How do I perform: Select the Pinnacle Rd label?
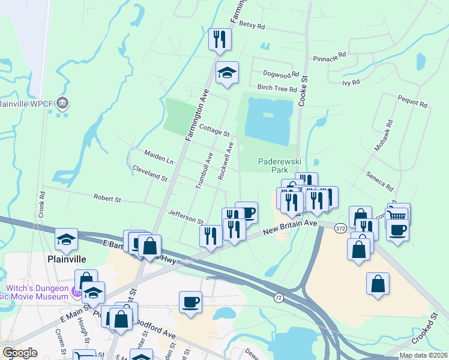330,57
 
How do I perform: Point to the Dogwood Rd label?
280,75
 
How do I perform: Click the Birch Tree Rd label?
277,89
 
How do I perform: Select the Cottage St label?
214,130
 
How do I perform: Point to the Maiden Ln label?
159,157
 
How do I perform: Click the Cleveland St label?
149,173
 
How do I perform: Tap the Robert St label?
107,197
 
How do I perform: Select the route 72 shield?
279,298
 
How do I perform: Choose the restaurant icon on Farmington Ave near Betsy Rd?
220,39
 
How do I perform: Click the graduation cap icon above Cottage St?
227,73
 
